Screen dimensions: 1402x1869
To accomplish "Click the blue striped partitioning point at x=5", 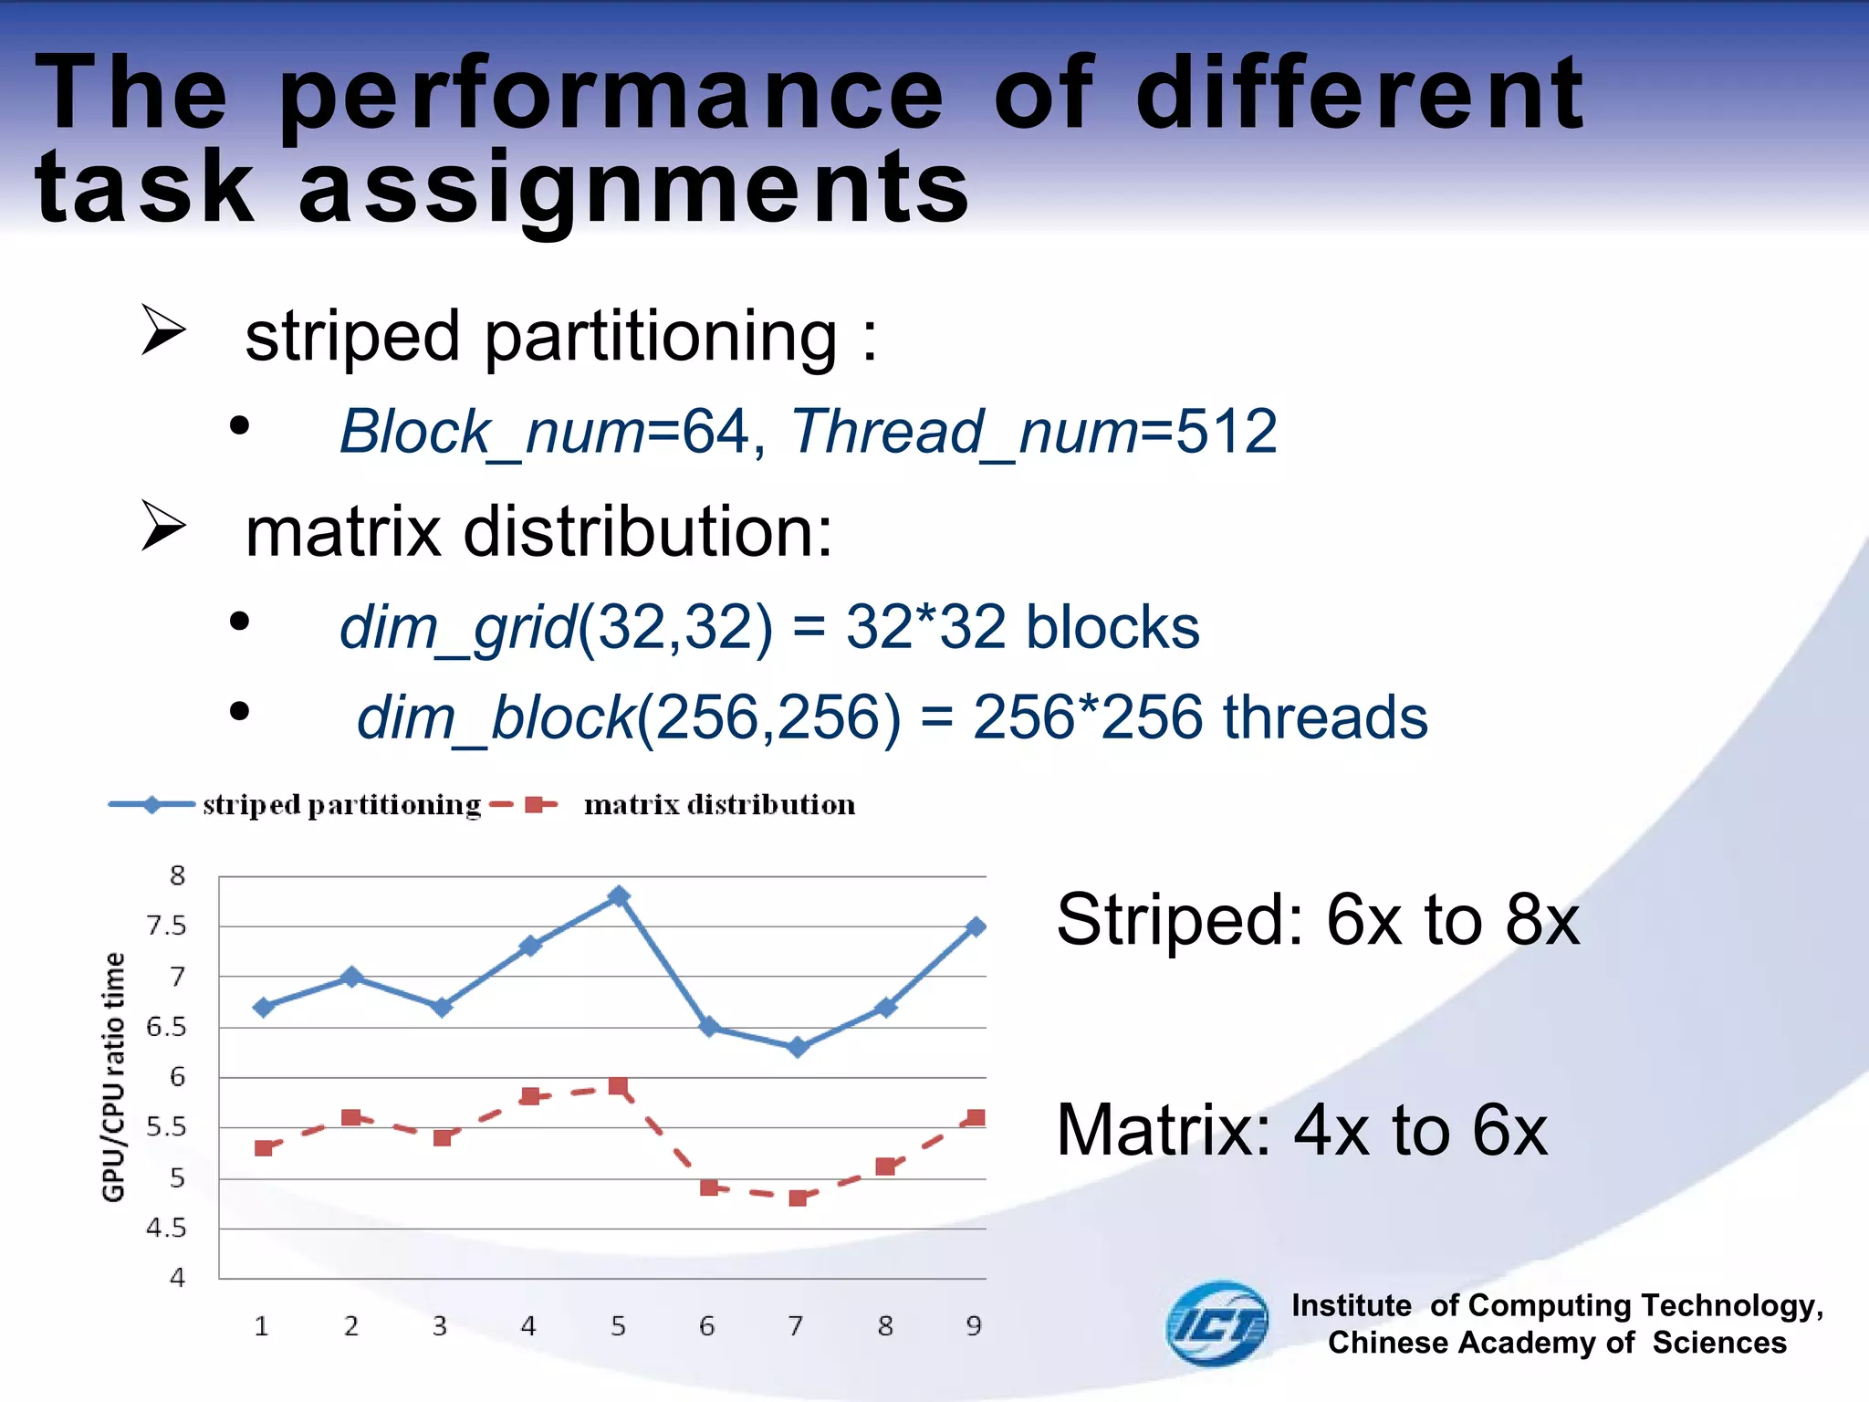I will [x=619, y=896].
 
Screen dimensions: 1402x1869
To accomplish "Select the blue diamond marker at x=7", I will [x=798, y=1047].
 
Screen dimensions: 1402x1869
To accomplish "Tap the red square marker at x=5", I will [x=618, y=1086].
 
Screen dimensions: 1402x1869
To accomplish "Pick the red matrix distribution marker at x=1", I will [x=264, y=1147].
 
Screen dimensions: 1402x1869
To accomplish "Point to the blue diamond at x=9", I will [x=976, y=927].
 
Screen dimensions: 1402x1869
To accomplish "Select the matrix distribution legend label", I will [x=719, y=805].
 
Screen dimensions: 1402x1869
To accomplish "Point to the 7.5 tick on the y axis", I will [x=166, y=926].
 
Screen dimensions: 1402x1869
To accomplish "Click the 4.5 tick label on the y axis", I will [x=166, y=1228].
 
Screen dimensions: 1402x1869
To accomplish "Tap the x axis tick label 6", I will [x=706, y=1326].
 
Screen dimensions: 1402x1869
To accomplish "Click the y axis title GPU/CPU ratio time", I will [x=113, y=1077].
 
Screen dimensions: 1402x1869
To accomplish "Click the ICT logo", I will [x=1217, y=1324].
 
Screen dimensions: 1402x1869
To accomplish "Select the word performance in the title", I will [x=610, y=94].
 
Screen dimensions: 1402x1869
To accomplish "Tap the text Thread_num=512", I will [x=1033, y=431].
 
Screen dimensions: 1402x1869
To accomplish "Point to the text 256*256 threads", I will [x=1199, y=717].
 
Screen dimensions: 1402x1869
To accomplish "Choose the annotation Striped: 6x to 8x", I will [x=1317, y=920].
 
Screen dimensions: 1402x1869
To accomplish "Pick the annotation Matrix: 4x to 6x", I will [x=1301, y=1130].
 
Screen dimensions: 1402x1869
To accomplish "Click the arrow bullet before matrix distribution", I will [x=163, y=527].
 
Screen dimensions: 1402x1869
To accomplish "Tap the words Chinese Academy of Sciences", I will [x=1556, y=1343].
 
